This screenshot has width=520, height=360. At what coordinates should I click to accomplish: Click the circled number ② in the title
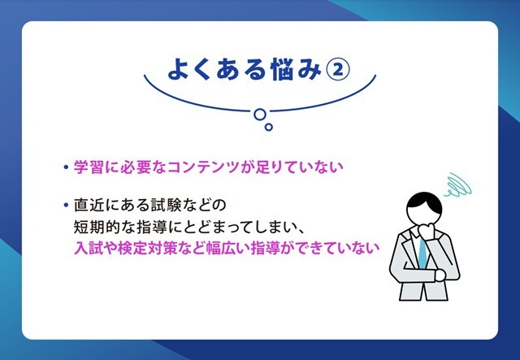pyautogui.click(x=338, y=70)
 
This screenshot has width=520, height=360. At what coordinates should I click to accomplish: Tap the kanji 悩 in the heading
pyautogui.click(x=283, y=70)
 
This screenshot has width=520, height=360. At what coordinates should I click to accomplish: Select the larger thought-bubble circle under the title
pyautogui.click(x=260, y=115)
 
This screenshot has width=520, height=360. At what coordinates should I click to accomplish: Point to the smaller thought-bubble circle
pyautogui.click(x=269, y=127)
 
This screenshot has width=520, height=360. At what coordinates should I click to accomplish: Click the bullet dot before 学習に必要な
pyautogui.click(x=66, y=167)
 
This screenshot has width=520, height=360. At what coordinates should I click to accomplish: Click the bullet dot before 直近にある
pyautogui.click(x=66, y=205)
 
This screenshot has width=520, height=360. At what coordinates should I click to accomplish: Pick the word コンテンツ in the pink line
pyautogui.click(x=203, y=167)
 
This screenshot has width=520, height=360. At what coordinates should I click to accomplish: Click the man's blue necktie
pyautogui.click(x=422, y=253)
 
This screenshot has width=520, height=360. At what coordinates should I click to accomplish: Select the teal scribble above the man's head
pyautogui.click(x=458, y=185)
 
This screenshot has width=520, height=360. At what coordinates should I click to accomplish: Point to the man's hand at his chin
pyautogui.click(x=426, y=230)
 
